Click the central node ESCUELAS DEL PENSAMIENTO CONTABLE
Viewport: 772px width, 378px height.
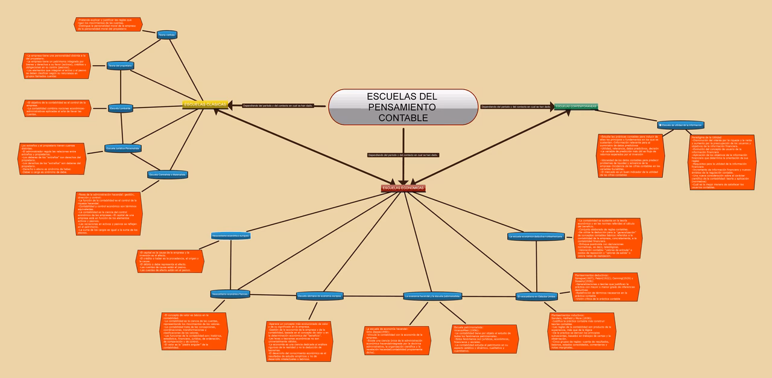403,107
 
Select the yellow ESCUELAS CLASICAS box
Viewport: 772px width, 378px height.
205,104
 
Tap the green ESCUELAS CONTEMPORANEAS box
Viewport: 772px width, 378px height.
576,106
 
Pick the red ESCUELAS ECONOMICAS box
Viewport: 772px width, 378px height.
403,188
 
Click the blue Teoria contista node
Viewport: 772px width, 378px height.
166,35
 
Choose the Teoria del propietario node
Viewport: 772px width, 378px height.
120,65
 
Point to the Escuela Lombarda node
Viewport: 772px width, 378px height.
121,109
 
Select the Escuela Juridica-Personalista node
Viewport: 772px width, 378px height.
122,148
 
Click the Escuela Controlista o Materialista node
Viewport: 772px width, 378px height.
167,175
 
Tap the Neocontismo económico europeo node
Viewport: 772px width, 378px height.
230,235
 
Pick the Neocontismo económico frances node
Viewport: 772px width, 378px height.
230,293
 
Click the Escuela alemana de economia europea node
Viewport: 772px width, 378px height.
320,296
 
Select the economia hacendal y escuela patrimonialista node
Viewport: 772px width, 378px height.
432,296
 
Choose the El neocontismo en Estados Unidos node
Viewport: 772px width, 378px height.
536,296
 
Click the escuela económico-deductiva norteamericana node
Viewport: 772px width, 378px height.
536,236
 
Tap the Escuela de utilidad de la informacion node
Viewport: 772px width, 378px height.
681,125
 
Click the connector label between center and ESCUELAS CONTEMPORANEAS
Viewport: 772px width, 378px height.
516,107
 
